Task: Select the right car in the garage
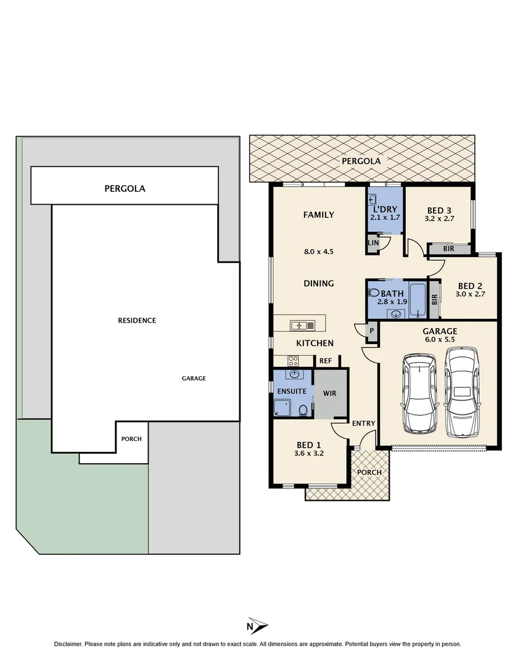pyautogui.click(x=461, y=391)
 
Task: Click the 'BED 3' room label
pyautogui.click(x=439, y=209)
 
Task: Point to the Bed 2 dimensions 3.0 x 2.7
pyautogui.click(x=469, y=295)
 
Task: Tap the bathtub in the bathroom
pyautogui.click(x=416, y=299)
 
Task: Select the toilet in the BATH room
pyautogui.click(x=373, y=293)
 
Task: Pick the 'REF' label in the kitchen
pyautogui.click(x=326, y=361)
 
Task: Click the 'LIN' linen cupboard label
pyautogui.click(x=373, y=243)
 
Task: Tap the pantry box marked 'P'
pyautogui.click(x=371, y=331)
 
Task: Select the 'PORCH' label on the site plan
pyautogui.click(x=131, y=439)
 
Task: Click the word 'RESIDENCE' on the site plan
pyautogui.click(x=137, y=321)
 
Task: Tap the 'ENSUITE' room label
pyautogui.click(x=291, y=391)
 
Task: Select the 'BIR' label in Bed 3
pyautogui.click(x=449, y=249)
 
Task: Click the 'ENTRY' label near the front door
pyautogui.click(x=363, y=423)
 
